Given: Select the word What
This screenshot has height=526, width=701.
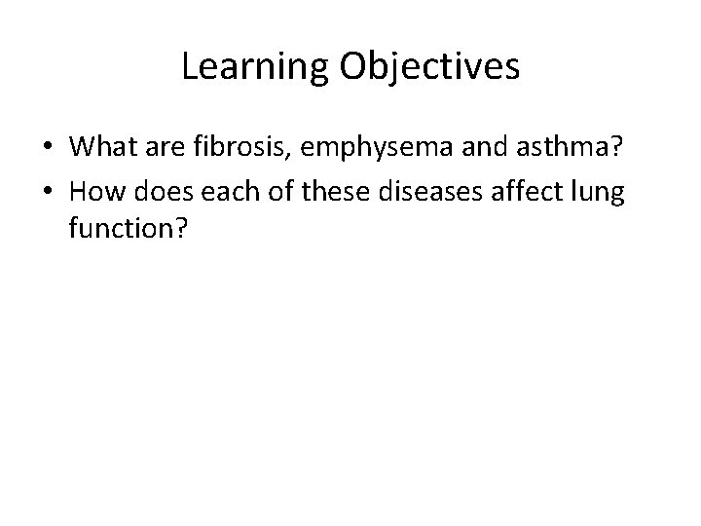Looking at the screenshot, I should (x=101, y=147).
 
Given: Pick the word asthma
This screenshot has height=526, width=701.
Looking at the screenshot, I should (x=571, y=147).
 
